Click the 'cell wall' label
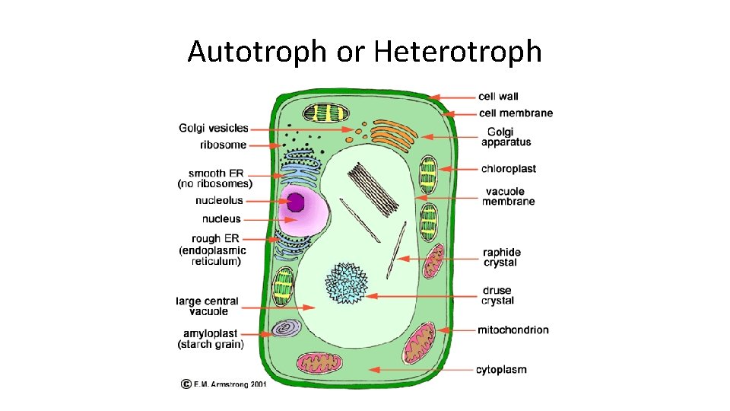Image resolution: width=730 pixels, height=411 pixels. click(498, 97)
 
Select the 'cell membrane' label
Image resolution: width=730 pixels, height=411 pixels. click(516, 113)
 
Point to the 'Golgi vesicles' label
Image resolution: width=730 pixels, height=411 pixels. click(214, 128)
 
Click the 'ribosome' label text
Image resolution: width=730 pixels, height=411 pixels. click(223, 145)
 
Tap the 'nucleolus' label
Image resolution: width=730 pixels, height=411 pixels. click(219, 201)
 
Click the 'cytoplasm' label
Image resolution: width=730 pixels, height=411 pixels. click(501, 370)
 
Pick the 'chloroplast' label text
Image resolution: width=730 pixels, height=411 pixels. click(508, 169)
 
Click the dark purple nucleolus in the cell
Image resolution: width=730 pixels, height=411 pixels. click(295, 202)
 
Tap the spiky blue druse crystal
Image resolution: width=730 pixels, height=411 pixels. click(347, 282)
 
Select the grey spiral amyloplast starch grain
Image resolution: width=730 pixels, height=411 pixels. click(286, 328)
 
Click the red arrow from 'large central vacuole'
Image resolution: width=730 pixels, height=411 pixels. click(267, 308)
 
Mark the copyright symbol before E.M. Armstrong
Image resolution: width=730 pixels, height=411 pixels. click(185, 384)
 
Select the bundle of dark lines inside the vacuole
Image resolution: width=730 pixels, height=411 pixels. click(375, 187)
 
